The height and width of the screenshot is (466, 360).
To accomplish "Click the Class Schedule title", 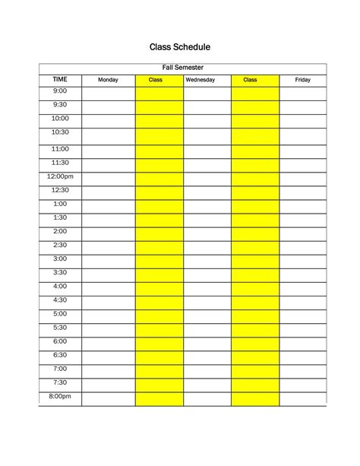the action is [179, 47].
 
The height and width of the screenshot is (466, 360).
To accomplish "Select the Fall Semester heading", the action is [182, 68].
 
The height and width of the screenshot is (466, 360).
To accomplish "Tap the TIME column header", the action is [60, 79].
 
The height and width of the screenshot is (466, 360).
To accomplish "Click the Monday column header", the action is [108, 80].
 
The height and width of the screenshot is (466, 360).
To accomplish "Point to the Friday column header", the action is [302, 80].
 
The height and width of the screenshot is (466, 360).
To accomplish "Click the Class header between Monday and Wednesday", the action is [156, 80].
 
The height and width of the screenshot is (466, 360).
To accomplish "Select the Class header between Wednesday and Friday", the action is [251, 80].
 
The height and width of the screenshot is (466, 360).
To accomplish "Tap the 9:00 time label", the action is [60, 91].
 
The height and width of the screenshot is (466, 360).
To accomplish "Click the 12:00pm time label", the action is [60, 176].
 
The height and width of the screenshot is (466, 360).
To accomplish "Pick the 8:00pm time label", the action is [60, 396].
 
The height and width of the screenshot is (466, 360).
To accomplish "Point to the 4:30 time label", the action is [60, 300].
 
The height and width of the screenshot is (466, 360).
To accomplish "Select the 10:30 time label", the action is [60, 132].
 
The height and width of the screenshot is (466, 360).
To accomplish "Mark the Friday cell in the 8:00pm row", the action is [302, 399].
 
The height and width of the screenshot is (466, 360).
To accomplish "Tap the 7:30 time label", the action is [60, 382].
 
